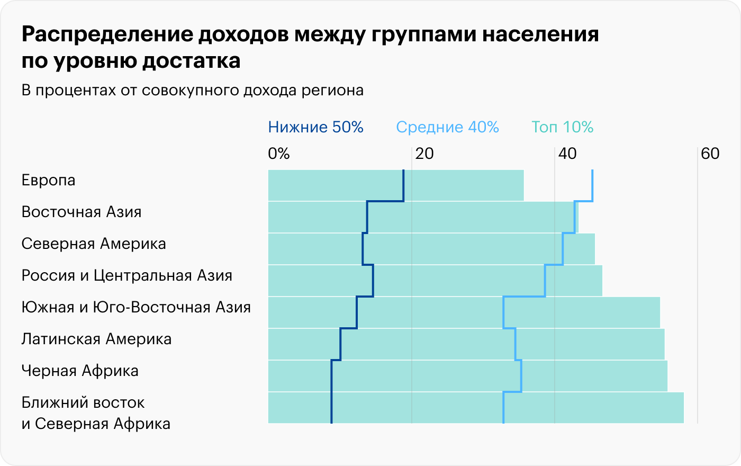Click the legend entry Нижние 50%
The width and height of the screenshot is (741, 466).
tap(315, 127)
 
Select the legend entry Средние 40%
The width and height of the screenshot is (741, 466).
tap(447, 127)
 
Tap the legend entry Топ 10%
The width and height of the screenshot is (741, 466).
tap(562, 127)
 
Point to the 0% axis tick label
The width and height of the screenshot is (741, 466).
tap(279, 154)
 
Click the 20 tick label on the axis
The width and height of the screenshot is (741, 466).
tap(424, 154)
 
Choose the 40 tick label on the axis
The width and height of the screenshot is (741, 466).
tap(567, 154)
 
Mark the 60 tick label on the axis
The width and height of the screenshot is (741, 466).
tap(710, 154)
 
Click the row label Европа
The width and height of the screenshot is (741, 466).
tap(49, 181)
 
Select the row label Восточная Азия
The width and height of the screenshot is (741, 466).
tap(82, 212)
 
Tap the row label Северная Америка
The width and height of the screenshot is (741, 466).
tap(94, 244)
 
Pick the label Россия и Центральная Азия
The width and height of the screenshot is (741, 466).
tap(127, 276)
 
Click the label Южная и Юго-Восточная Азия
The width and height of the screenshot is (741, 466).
tap(136, 308)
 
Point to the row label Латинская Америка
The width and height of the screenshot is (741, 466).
tap(96, 339)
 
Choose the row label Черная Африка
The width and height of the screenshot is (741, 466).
tap(80, 371)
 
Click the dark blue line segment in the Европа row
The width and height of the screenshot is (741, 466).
tap(403, 185)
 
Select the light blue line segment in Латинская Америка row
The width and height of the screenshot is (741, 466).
tap(515, 344)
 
